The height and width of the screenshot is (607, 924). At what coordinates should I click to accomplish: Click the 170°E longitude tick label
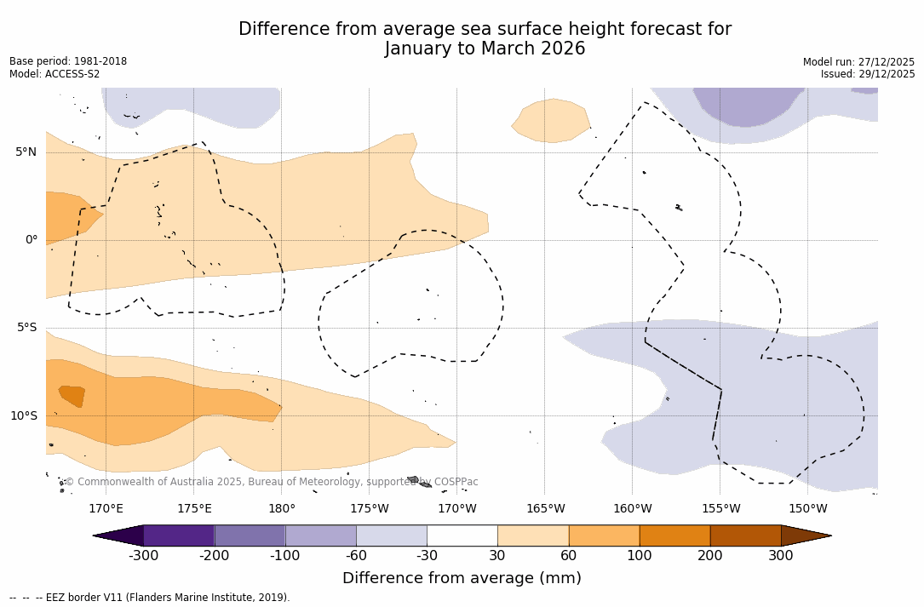coord(106,509)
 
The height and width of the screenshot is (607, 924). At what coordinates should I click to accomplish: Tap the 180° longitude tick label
coord(282,509)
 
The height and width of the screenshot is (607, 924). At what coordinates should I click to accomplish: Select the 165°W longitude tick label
coord(545,509)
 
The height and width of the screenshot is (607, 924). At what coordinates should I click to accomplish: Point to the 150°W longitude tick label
coord(808,509)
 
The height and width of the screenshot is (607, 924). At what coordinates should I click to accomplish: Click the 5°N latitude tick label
coord(26,152)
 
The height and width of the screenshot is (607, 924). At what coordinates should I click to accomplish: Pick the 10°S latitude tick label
coord(24,416)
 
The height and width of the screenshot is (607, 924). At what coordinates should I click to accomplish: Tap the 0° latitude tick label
coord(32,240)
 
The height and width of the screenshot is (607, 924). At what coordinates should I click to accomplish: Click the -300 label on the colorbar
coord(143,556)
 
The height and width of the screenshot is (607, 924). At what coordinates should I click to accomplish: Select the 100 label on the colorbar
coord(640,556)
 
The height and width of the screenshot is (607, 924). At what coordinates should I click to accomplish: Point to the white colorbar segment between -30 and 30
coord(462,535)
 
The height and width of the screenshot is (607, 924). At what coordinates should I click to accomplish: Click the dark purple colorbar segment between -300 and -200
coord(179,535)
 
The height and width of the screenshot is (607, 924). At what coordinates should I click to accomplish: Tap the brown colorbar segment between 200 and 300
coord(745,535)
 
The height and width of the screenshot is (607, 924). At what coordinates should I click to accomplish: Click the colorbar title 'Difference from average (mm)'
coord(462,578)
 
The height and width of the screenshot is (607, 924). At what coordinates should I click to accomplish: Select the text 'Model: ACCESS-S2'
coord(55,74)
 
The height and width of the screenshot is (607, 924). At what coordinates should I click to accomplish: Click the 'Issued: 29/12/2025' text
coord(868,74)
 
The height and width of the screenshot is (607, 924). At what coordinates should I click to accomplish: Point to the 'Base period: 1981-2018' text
coord(68,61)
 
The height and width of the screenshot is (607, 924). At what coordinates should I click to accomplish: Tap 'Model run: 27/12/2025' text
coord(858,62)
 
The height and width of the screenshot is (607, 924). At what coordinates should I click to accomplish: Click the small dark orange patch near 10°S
coord(72,396)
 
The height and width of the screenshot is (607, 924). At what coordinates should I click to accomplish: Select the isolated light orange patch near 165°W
coord(552,120)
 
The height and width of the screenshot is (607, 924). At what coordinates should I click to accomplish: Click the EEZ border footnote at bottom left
coord(150,598)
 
